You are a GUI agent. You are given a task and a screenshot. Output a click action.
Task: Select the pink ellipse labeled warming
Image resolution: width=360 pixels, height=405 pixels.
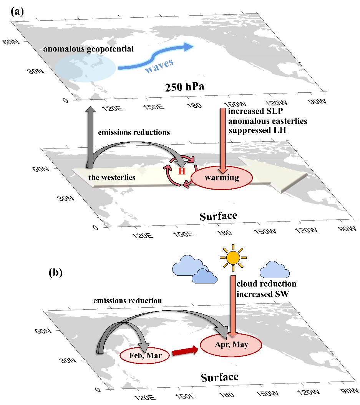(x=222, y=178)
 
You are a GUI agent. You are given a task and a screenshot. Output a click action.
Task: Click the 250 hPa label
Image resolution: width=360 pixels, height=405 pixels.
(x=185, y=87)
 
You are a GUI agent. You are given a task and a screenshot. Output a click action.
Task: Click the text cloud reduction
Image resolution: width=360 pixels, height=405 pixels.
(x=266, y=284)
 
